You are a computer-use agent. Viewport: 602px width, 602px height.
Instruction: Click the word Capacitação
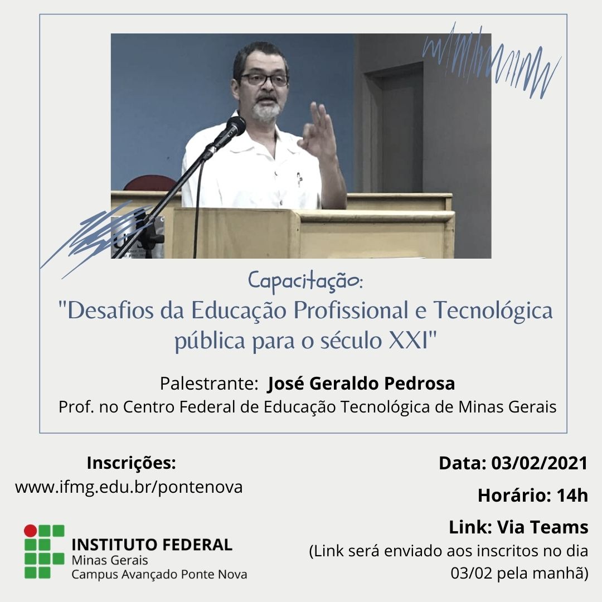point(304,280)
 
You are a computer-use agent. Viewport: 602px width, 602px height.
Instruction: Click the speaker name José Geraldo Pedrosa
point(361,384)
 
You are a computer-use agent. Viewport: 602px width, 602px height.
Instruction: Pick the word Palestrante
point(206,384)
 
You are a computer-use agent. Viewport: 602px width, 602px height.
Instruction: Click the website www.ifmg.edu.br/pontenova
point(129,487)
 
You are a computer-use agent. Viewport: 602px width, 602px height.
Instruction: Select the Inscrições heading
point(131,463)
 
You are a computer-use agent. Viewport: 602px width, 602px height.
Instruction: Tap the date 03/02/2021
point(540,463)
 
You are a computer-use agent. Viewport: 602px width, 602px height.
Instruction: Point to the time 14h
point(572,496)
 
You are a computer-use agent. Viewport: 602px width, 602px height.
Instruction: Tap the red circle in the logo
point(30,531)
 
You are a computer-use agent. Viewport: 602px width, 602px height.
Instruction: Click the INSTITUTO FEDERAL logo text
point(152,545)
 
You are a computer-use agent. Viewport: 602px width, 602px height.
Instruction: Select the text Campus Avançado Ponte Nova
point(159,574)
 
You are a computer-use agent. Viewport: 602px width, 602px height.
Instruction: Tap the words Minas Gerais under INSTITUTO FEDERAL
point(110,560)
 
